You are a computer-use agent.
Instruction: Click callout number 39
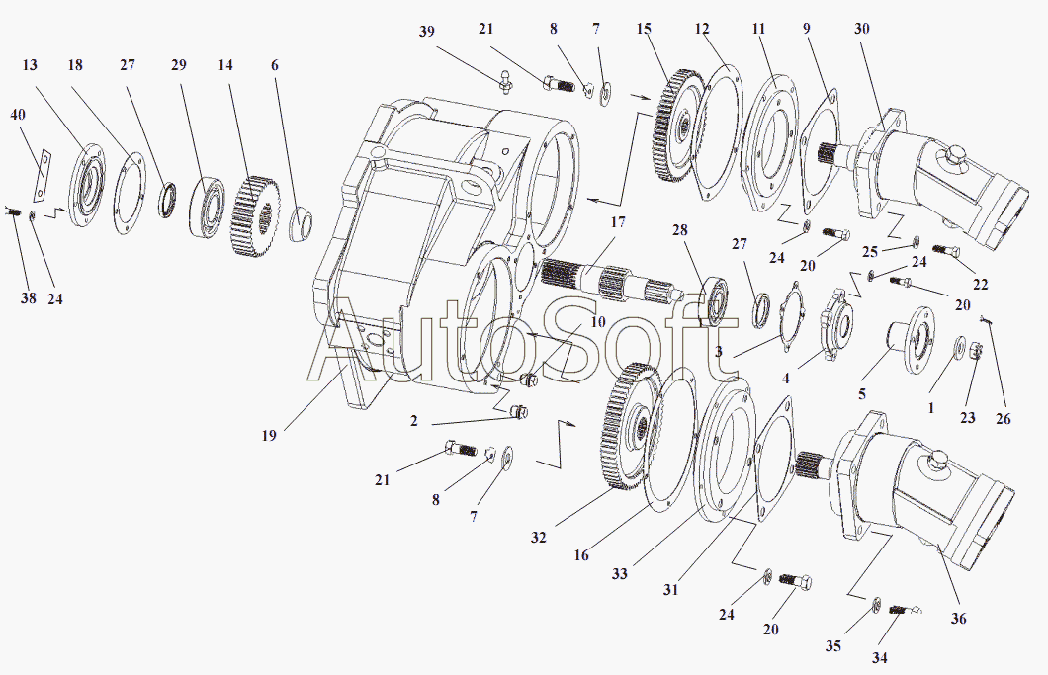(x=426, y=32)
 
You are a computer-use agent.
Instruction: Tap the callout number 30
(x=863, y=30)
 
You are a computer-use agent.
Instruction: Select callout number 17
(x=618, y=223)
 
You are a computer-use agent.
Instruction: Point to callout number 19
(x=270, y=434)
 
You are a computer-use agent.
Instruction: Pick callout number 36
(x=958, y=619)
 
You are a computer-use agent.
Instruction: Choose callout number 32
(x=538, y=539)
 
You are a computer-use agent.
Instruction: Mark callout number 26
(x=1003, y=419)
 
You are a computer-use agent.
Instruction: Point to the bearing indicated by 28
(x=715, y=300)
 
